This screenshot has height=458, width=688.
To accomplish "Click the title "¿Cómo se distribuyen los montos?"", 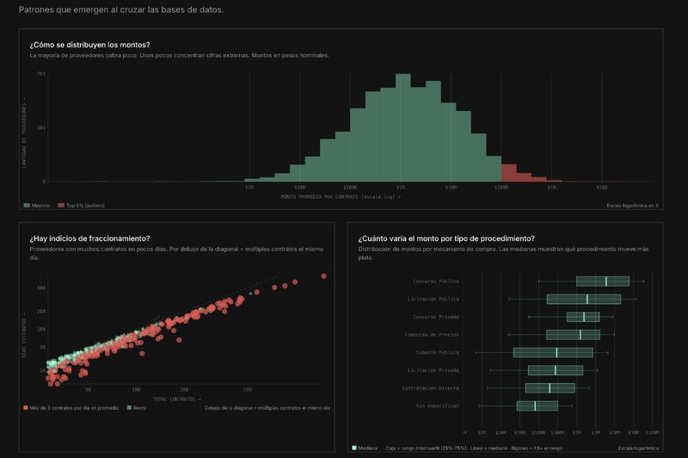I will [x=89, y=44].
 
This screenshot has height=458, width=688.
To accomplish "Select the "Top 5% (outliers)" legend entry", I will [x=83, y=206].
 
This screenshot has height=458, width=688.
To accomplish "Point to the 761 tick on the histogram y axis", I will [x=41, y=74].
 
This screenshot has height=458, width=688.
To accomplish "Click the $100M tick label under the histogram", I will [x=501, y=187].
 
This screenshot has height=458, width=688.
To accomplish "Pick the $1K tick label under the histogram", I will [x=249, y=187].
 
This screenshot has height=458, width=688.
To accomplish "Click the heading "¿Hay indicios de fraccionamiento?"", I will [x=89, y=238].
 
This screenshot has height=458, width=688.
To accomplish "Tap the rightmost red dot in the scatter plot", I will [x=324, y=276].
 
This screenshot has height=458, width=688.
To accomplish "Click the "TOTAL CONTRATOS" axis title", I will [x=176, y=399].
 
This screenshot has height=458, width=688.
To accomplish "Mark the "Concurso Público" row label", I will [x=436, y=282].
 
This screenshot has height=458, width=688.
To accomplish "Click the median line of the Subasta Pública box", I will [x=556, y=352].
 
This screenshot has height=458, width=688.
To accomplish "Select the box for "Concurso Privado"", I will [x=582, y=317].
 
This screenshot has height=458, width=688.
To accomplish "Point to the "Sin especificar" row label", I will [x=437, y=405].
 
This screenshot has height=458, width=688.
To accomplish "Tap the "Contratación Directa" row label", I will [x=432, y=387].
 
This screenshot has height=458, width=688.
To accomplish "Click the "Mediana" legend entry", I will [x=366, y=448].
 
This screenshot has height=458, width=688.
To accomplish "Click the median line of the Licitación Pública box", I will [x=587, y=299].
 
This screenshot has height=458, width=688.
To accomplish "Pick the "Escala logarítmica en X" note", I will [x=632, y=206].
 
